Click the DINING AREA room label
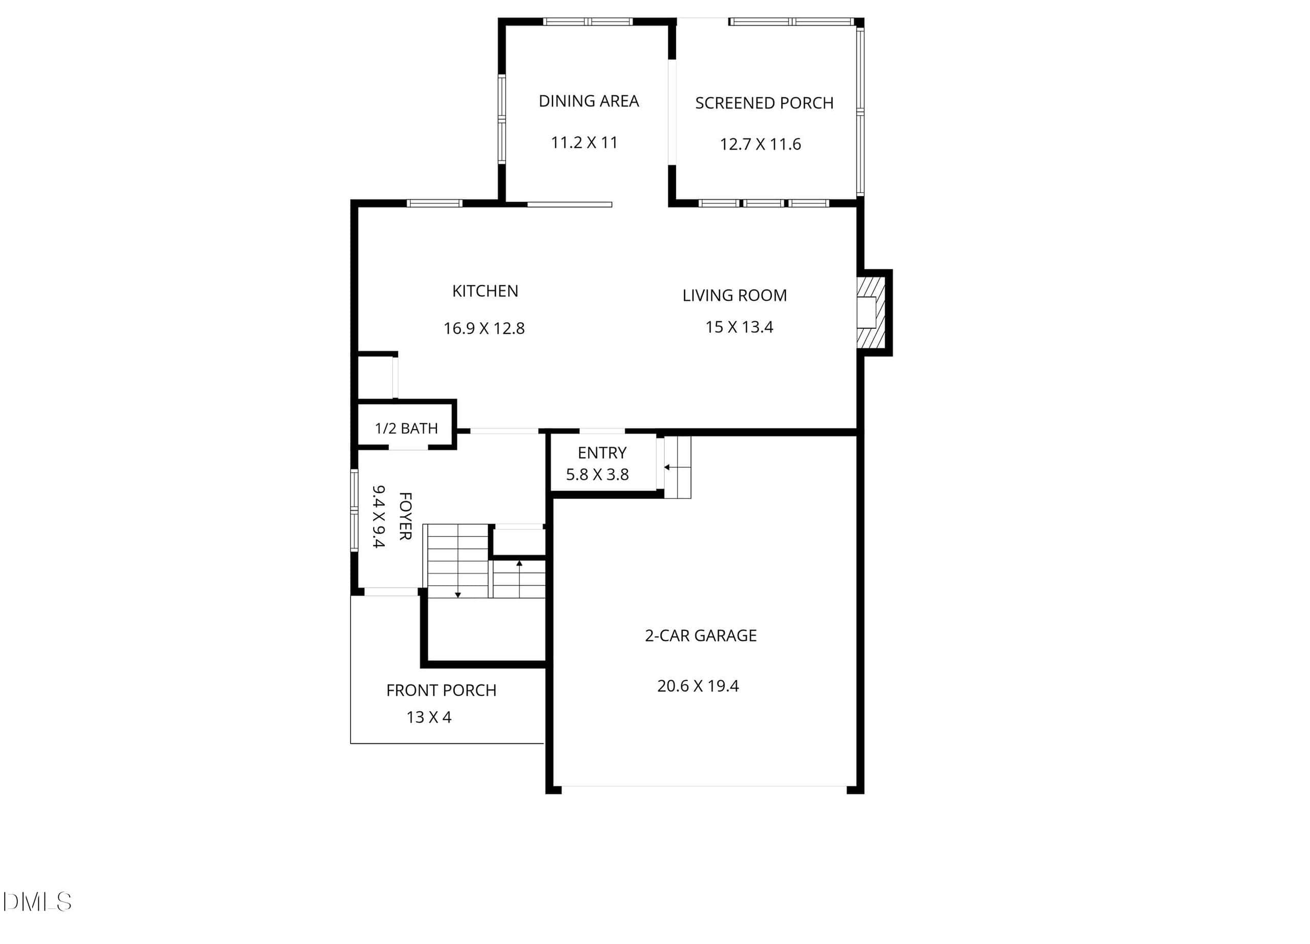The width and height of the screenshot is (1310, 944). tap(588, 101)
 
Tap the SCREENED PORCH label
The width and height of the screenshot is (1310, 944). tap(764, 103)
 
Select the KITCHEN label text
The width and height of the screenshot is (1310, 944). tap(485, 291)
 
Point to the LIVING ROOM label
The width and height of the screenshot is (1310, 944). tap(735, 296)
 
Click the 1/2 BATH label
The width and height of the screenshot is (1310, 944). tap(406, 428)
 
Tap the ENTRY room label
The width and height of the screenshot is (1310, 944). tap(602, 453)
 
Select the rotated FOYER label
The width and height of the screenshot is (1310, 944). tap(405, 516)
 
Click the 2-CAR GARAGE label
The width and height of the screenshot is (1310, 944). tap(701, 635)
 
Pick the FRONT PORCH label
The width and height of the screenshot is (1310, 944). tap(441, 690)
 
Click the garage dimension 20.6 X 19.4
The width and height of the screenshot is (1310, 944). tap(698, 686)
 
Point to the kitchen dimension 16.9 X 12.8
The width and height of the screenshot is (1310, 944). tap(484, 328)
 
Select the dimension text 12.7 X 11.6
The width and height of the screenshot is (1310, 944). tap(760, 144)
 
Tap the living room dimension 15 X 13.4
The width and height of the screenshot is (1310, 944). tap(739, 327)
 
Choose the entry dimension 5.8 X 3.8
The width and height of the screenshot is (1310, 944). tap(597, 475)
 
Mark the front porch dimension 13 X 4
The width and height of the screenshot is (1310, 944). tap(429, 718)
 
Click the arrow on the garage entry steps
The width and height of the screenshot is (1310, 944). tap(670, 467)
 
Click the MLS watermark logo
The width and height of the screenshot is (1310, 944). tap(36, 902)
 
